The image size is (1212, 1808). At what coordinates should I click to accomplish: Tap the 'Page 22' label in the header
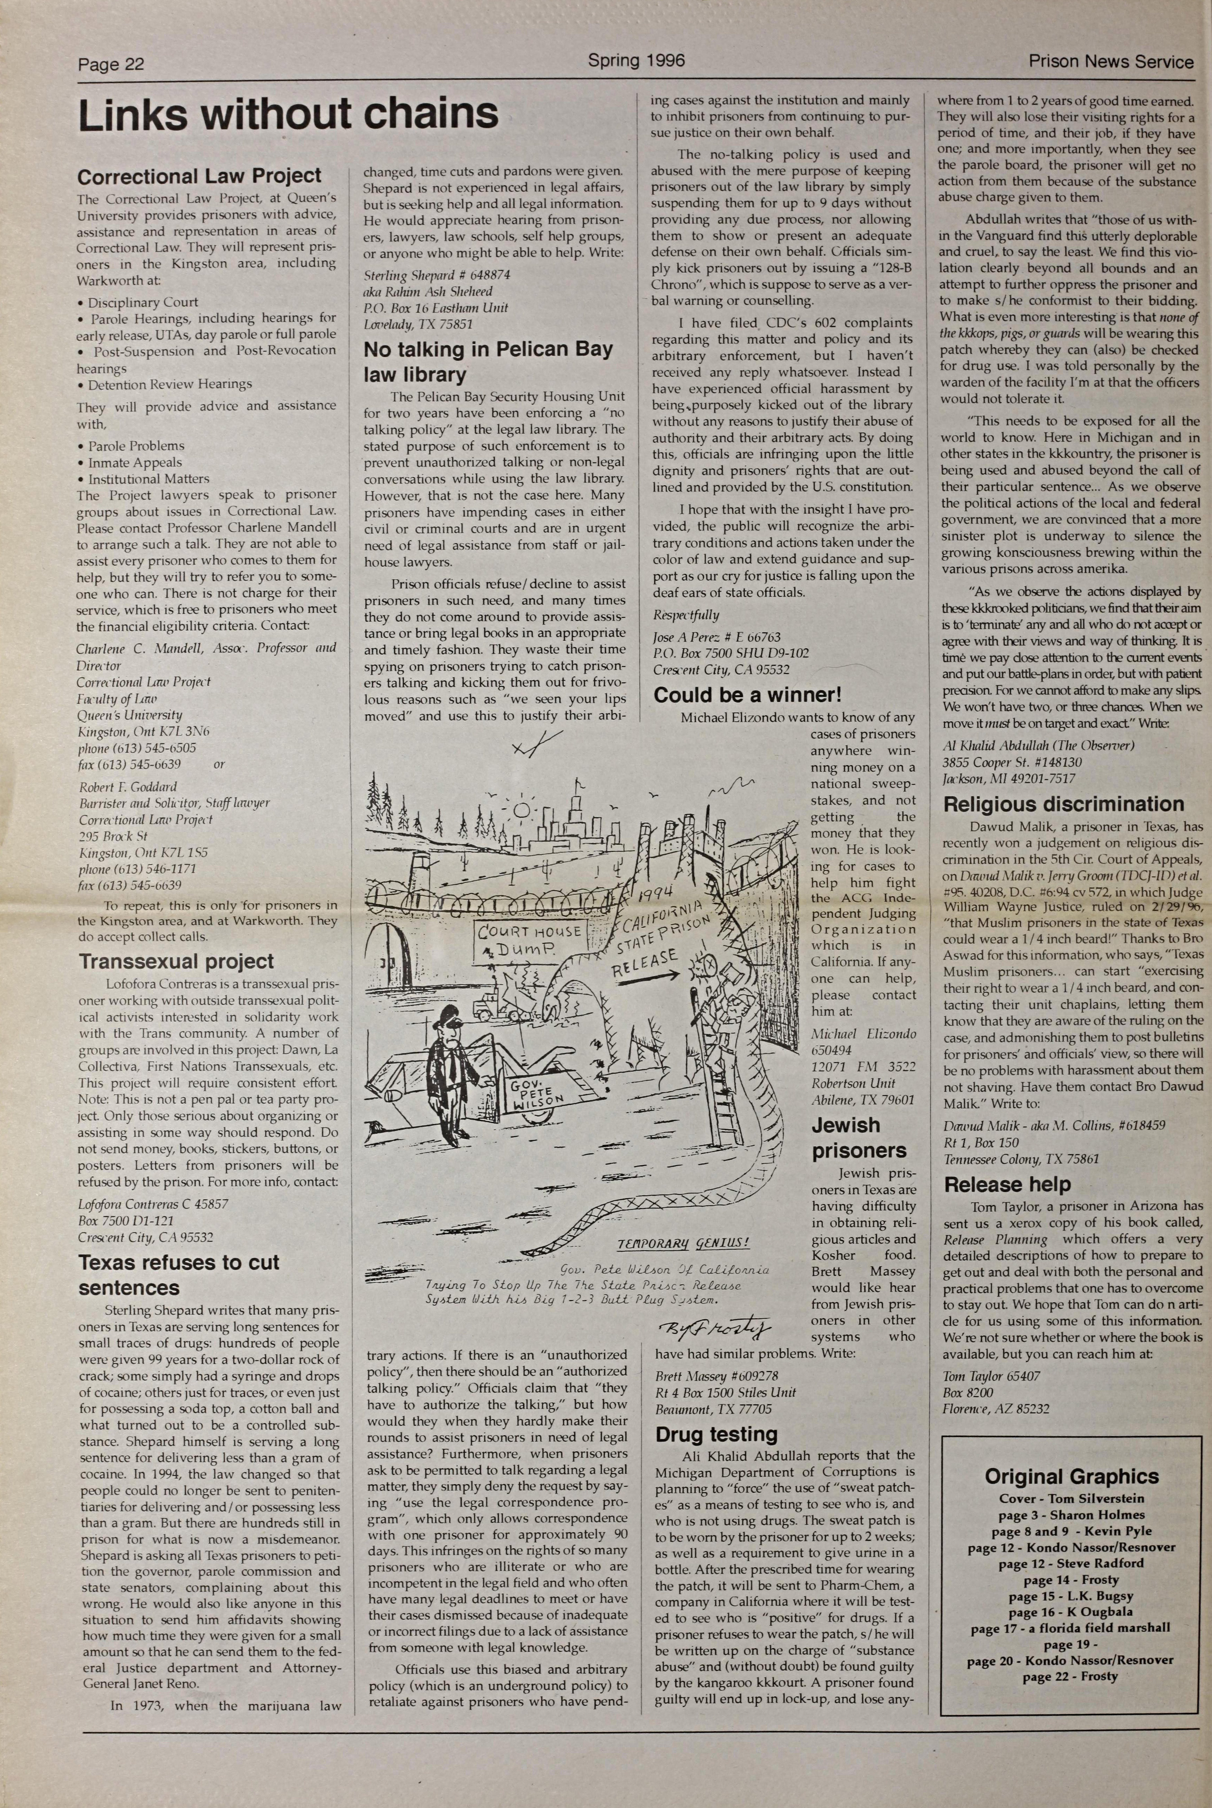click(111, 64)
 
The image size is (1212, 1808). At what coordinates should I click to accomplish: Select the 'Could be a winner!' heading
click(747, 695)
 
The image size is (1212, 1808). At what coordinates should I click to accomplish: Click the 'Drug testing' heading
click(716, 1434)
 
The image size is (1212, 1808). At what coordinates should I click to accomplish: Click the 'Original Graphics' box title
click(1071, 1477)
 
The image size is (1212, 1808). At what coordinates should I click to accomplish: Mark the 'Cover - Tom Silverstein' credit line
click(1071, 1499)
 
